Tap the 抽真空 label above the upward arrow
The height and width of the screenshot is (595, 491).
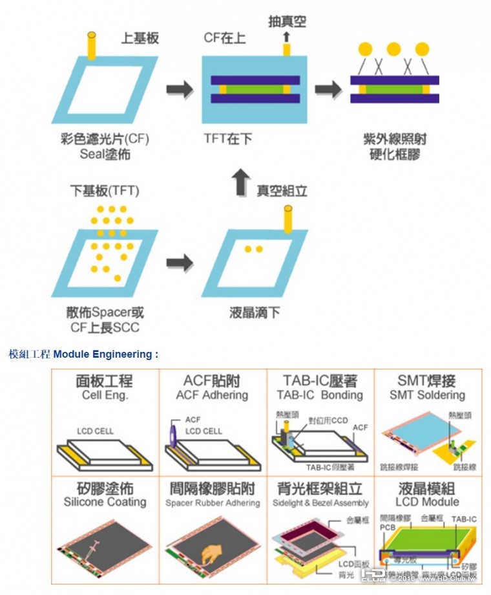tap(287, 22)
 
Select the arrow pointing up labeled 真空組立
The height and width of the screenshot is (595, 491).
tap(239, 183)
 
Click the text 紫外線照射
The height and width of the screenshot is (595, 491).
tap(395, 140)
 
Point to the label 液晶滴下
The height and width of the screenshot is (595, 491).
tap(255, 313)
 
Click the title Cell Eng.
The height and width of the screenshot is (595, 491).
tap(105, 395)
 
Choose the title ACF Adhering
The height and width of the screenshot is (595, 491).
tap(212, 395)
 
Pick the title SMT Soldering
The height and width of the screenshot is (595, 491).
tap(427, 395)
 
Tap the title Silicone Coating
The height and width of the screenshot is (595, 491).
tap(105, 502)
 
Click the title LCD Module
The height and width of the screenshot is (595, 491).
tap(427, 502)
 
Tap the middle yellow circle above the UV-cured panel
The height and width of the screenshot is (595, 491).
tap(394, 49)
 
